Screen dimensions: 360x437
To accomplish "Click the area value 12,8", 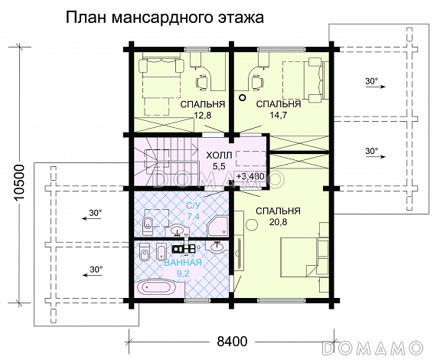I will pyautogui.click(x=202, y=116).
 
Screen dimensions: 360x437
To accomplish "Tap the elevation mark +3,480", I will pyautogui.click(x=250, y=176).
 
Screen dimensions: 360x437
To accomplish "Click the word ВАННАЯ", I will pyautogui.click(x=183, y=261).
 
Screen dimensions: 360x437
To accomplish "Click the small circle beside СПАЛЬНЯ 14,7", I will pyautogui.click(x=242, y=98).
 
